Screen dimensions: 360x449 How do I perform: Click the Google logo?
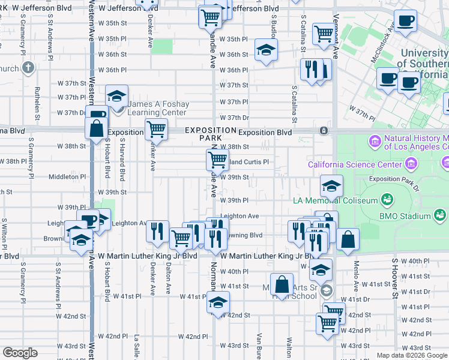20,353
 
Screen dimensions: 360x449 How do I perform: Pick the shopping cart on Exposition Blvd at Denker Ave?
156,128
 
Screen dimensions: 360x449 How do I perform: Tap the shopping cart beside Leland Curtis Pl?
217,160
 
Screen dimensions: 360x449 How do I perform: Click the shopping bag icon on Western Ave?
96,128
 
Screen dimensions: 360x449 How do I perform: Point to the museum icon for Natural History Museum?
375,142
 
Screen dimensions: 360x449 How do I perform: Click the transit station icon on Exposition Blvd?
324,130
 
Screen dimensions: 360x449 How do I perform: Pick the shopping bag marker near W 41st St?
281,284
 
